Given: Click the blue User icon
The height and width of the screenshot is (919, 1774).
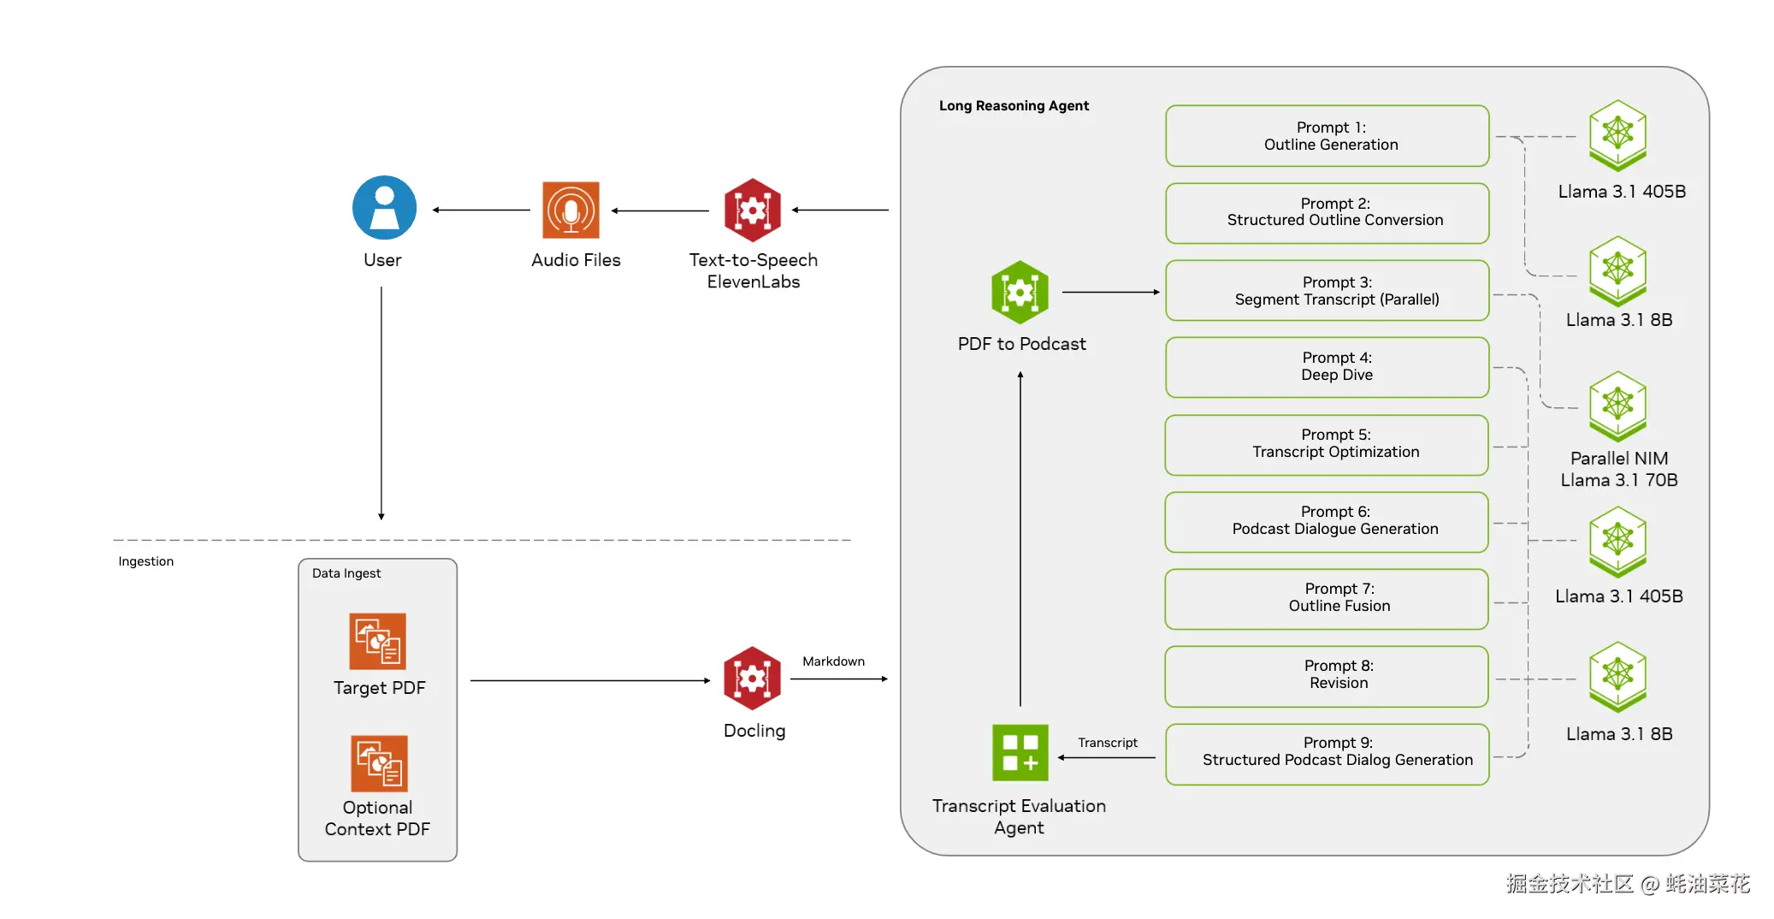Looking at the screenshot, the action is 384,208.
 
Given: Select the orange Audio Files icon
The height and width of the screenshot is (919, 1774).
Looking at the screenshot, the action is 571,210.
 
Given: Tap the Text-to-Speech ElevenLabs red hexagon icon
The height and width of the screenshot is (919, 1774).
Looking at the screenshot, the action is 753,210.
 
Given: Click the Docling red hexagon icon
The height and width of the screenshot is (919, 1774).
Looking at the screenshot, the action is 753,679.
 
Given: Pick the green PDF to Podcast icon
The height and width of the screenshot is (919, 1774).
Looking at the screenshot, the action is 1020,293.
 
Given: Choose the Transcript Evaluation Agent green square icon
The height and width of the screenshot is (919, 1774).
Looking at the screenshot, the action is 1020,753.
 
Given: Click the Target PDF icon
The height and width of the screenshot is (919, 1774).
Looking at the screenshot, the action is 377,641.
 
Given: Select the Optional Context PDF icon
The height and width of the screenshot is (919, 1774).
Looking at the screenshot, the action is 379,763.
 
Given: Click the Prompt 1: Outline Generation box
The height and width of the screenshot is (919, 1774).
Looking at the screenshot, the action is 1327,136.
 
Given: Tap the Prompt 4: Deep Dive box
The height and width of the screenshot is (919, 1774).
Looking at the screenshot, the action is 1327,367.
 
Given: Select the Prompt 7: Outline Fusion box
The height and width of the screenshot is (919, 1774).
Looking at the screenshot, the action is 1327,599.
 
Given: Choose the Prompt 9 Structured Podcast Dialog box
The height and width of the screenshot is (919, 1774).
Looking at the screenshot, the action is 1327,754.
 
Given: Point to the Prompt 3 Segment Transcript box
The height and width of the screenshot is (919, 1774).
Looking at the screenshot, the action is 1327,290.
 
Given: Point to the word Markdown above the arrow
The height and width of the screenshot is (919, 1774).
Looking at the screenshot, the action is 833,661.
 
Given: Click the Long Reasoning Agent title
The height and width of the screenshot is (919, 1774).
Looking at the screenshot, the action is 1014,106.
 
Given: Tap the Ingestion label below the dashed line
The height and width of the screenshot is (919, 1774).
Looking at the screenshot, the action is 145,561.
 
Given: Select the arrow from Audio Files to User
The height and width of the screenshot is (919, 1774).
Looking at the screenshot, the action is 482,210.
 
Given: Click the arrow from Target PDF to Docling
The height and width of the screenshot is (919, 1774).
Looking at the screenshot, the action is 590,680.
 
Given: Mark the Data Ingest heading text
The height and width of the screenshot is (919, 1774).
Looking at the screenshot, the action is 346,573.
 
